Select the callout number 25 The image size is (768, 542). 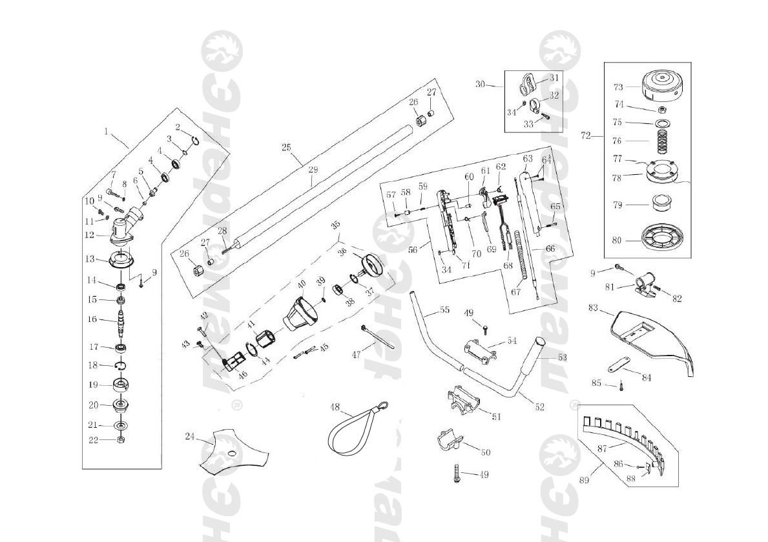(x=287, y=148)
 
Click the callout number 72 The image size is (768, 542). (x=586, y=135)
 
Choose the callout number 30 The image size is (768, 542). (x=480, y=84)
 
